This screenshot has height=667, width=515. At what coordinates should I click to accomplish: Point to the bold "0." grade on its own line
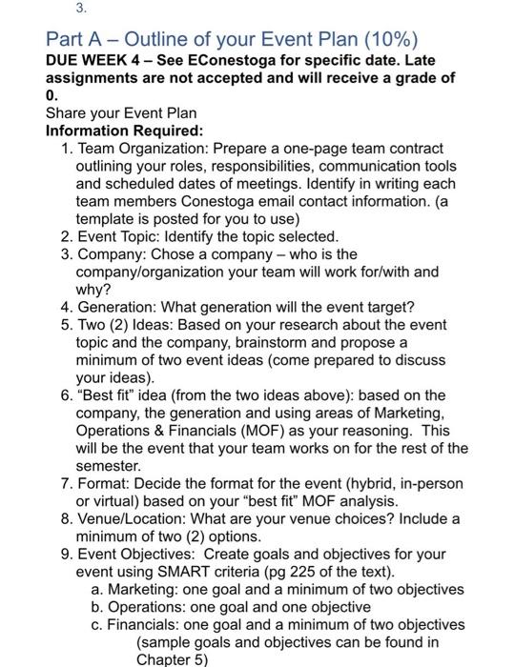point(52,95)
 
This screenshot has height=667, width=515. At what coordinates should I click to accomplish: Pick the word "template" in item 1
point(106,218)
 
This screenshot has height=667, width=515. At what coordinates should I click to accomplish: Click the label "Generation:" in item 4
point(118,307)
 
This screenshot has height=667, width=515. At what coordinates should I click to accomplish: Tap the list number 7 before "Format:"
point(65,483)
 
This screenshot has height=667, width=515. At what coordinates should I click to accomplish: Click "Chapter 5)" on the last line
point(172,658)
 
